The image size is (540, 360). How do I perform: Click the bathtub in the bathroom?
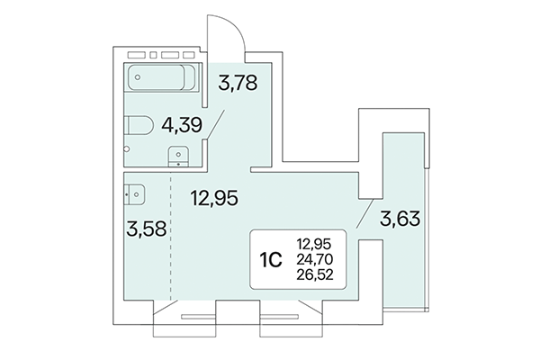click(161, 78)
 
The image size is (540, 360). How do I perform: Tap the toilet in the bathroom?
click(139, 126)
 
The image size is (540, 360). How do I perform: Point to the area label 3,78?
click(238, 86)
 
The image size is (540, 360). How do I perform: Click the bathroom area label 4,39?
click(181, 127)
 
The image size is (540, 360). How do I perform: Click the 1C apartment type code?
click(273, 259)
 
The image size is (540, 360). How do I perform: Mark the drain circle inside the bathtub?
click(138, 78)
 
